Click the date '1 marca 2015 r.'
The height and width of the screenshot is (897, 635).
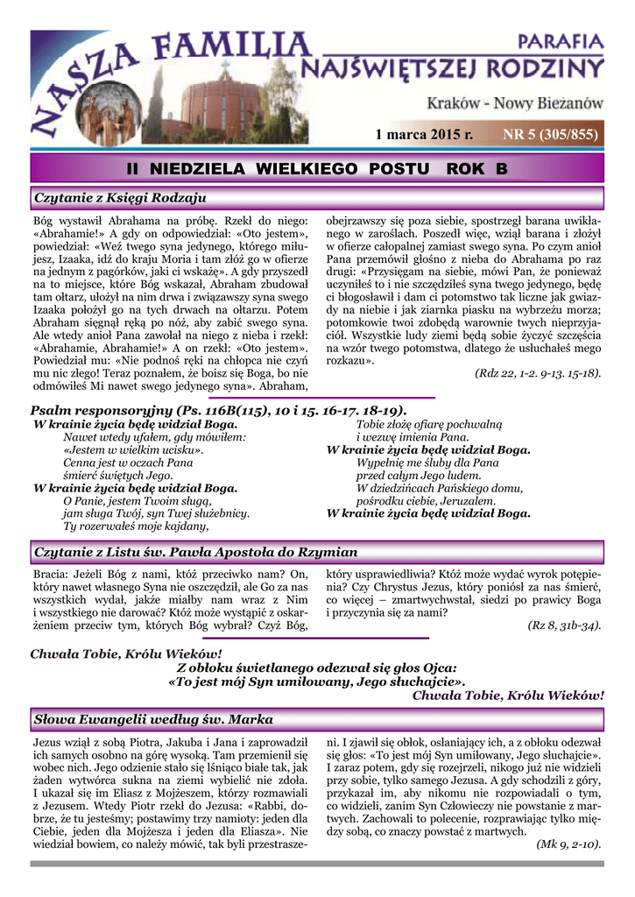pos(423,134)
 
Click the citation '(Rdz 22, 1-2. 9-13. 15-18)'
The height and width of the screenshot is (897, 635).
pos(537,373)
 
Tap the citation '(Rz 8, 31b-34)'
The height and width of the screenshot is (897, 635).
pos(564,625)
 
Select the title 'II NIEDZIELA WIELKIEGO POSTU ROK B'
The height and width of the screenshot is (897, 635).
pos(317,167)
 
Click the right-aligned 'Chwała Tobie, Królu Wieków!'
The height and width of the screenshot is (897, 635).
pos(508,696)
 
